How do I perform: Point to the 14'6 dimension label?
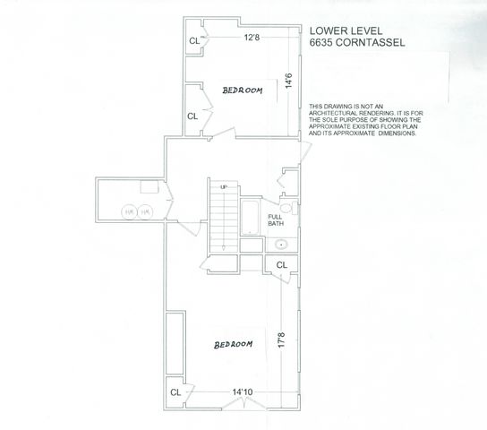click(288, 80)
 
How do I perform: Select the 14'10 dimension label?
click(243, 391)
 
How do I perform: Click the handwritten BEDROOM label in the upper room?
click(243, 90)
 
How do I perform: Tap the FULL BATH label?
click(275, 219)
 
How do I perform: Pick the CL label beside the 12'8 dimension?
click(193, 40)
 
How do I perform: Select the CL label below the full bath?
click(281, 265)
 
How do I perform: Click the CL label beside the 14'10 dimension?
click(175, 392)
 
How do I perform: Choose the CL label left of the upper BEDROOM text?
click(192, 116)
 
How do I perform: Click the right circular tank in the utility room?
click(145, 211)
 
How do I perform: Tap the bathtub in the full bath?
click(251, 217)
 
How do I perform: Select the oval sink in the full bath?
click(280, 244)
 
